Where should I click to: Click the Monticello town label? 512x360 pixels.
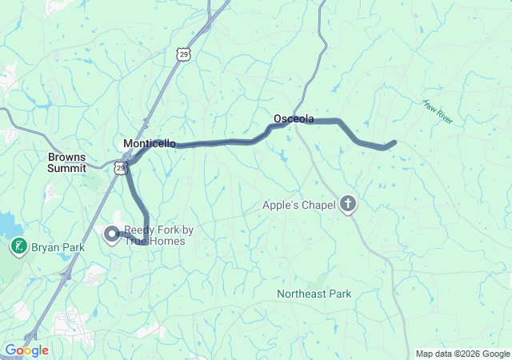(150, 143)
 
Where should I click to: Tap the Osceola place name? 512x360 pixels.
(294, 118)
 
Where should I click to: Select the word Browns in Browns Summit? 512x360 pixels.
(66, 158)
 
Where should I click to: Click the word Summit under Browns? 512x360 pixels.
(66, 168)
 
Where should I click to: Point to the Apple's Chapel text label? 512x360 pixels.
(298, 205)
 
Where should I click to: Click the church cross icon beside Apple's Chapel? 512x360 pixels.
(348, 205)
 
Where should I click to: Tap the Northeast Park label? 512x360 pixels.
(314, 294)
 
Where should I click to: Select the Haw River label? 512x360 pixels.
(438, 112)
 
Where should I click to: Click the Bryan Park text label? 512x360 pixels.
(58, 248)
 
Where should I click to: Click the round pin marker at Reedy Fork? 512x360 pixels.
(112, 234)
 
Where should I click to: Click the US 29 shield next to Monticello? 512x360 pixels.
(119, 167)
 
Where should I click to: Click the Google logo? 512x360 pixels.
(26, 350)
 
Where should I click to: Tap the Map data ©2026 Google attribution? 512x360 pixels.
(462, 354)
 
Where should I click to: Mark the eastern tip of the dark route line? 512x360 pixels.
(394, 143)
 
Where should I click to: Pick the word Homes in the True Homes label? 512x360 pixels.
(170, 241)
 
